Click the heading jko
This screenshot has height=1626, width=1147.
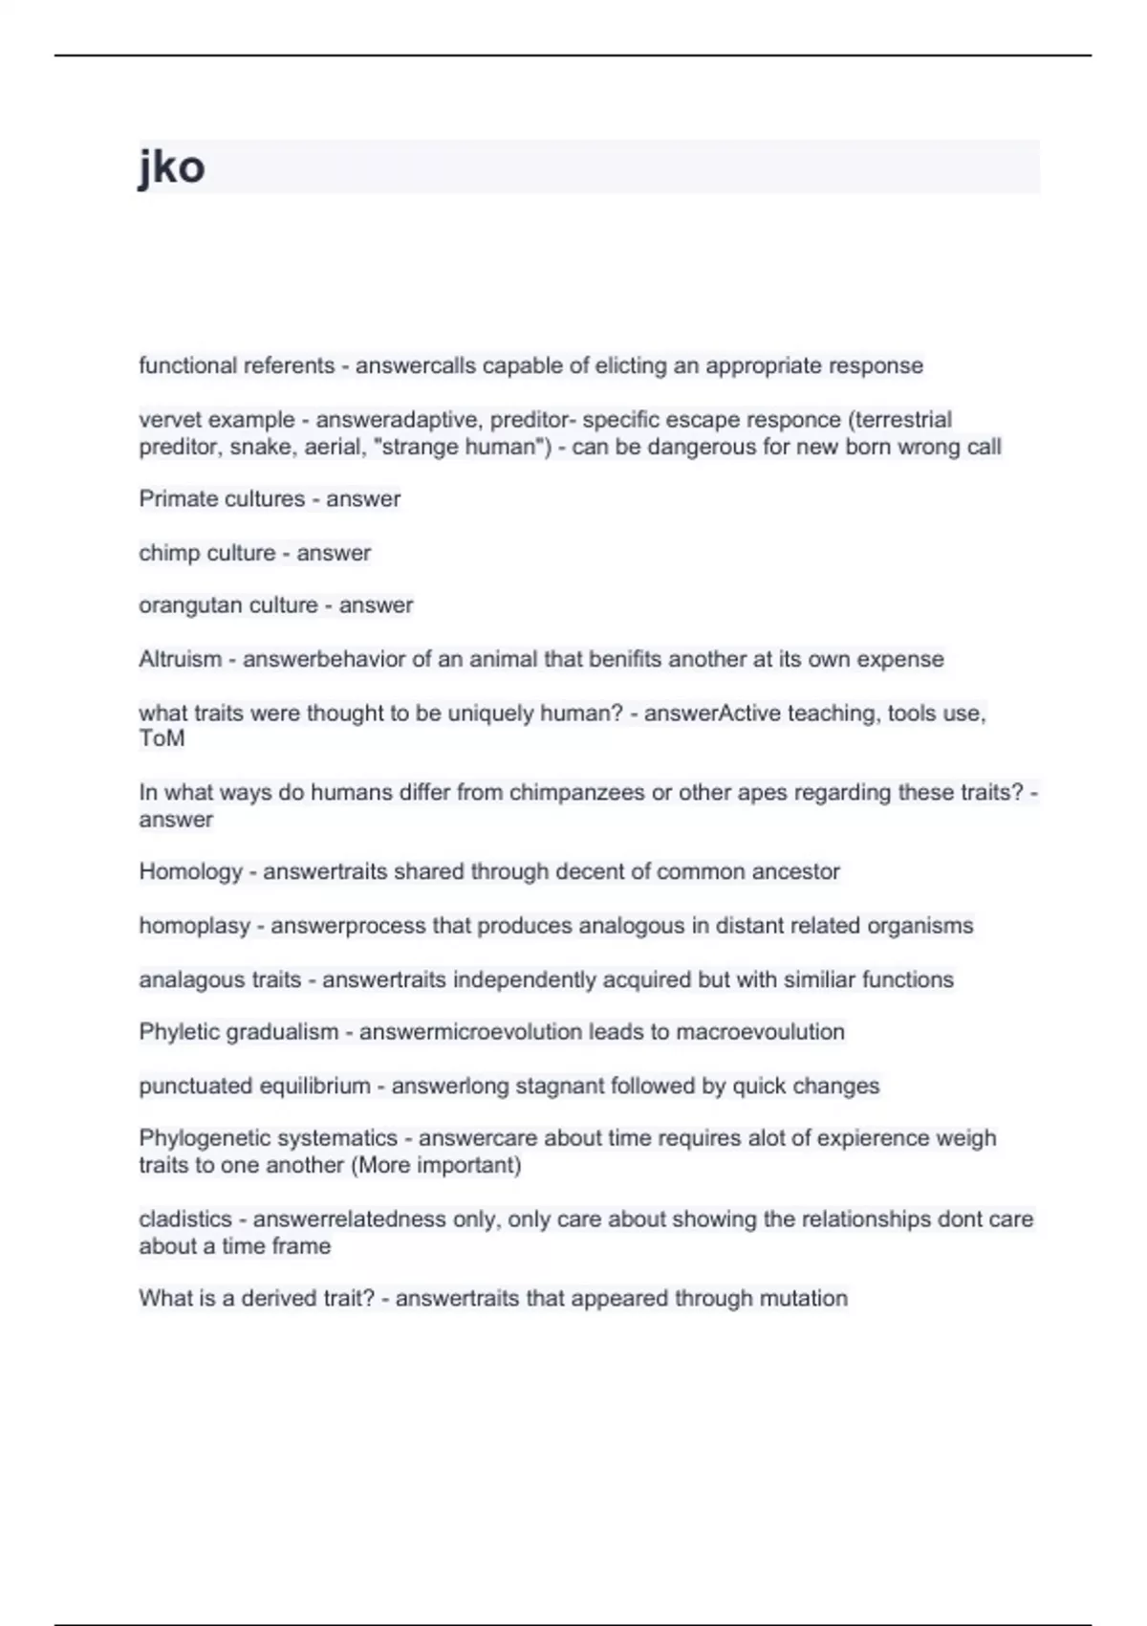172,167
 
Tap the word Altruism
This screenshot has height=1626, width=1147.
180,659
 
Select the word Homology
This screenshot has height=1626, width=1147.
191,871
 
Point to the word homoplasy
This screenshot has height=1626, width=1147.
194,926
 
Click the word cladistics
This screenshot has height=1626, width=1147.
185,1219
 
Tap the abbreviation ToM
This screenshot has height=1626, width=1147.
162,738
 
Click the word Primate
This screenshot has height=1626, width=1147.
171,499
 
